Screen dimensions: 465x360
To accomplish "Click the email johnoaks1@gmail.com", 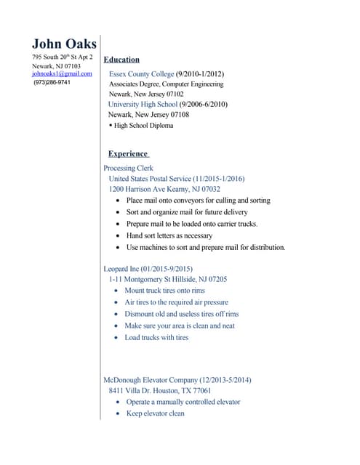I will point(62,74).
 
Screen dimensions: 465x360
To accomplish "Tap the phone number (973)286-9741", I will point(52,83).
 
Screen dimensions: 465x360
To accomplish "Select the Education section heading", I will point(121,60).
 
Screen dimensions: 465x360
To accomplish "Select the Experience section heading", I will point(128,154).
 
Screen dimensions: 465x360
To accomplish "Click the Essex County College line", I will point(167,74).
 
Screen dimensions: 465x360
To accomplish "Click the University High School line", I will point(167,105).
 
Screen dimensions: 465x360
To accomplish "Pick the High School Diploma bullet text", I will point(143,126).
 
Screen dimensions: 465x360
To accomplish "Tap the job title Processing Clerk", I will point(129,168).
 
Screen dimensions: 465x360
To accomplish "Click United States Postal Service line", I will point(177,179).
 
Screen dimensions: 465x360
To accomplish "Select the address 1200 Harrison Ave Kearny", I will point(164,189).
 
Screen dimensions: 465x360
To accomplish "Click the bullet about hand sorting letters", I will point(169,235).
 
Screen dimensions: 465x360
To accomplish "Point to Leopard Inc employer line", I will point(148,269).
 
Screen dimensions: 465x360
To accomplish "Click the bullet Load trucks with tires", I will point(156,338).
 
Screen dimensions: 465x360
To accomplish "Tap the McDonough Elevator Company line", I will point(177,380).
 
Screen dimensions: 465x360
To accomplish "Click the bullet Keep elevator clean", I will point(156,413).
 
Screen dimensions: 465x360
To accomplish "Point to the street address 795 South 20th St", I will point(62,57).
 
